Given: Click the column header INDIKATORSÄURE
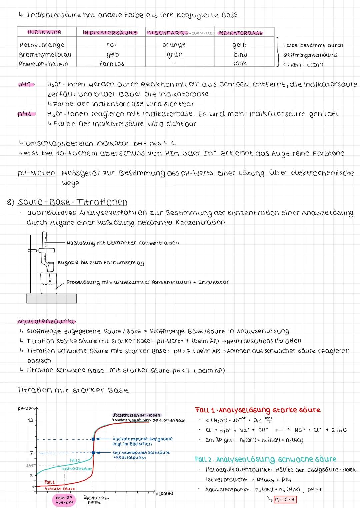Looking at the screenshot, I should [x=110, y=33].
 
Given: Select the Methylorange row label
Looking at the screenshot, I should [x=42, y=45].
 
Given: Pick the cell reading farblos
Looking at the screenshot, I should [x=111, y=63].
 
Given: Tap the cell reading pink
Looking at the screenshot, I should [x=240, y=63].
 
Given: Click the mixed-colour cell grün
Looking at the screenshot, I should [x=174, y=54].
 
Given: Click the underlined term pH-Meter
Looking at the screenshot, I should [x=36, y=173].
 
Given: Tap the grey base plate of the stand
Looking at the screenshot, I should [x=52, y=298].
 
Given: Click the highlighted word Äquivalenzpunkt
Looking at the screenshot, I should [x=46, y=321].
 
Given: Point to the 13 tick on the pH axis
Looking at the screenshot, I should [x=31, y=420].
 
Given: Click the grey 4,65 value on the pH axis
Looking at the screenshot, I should [x=30, y=465].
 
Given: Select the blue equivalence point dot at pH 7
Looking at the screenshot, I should [x=93, y=453].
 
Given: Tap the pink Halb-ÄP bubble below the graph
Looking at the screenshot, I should [x=64, y=500].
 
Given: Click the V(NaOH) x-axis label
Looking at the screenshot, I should [x=164, y=494].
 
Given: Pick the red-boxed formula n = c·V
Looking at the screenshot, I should [x=285, y=500].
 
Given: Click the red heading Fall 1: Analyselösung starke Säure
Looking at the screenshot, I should [x=257, y=410].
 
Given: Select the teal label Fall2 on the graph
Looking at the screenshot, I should [x=75, y=460].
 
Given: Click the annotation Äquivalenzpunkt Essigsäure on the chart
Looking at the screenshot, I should [x=142, y=441].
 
